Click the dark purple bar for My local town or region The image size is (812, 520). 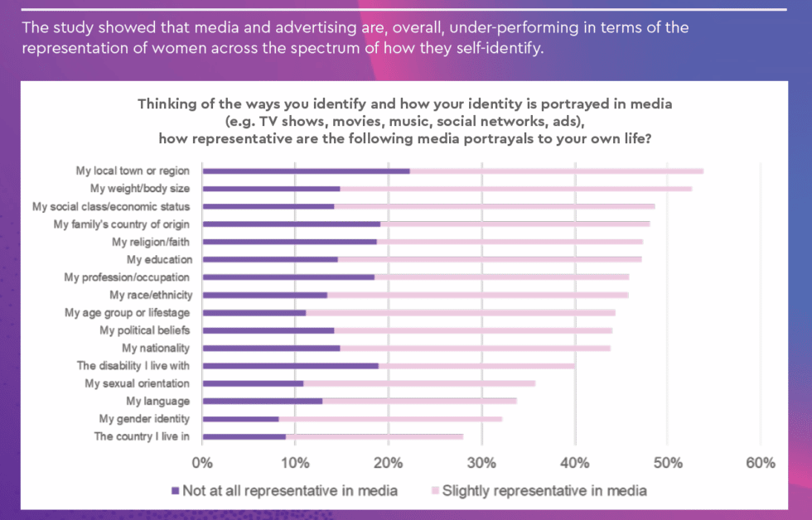coord(306,171)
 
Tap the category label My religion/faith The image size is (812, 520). coord(151,242)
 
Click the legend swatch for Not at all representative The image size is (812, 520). coord(175,491)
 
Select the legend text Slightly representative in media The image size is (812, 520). coord(544,491)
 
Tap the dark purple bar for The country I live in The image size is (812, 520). coord(244,436)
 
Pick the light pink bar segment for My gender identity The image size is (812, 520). coord(390,419)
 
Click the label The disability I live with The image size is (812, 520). coord(133,365)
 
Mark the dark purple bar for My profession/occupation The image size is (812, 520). coord(288,277)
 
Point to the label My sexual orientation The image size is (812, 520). coord(137,383)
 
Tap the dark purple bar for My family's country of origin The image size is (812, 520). coord(291,224)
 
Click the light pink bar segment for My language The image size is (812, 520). coord(419,401)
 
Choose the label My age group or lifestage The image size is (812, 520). coord(128,312)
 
